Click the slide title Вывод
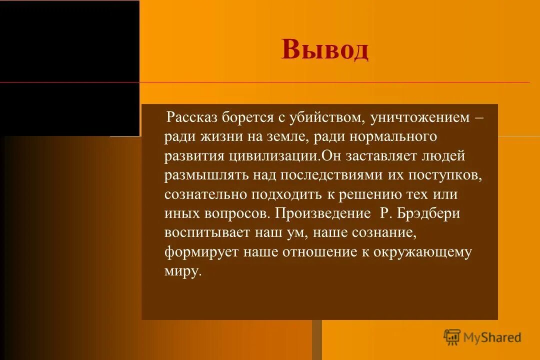325,49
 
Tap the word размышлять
206,175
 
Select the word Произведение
320,213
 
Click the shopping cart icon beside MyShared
452,337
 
